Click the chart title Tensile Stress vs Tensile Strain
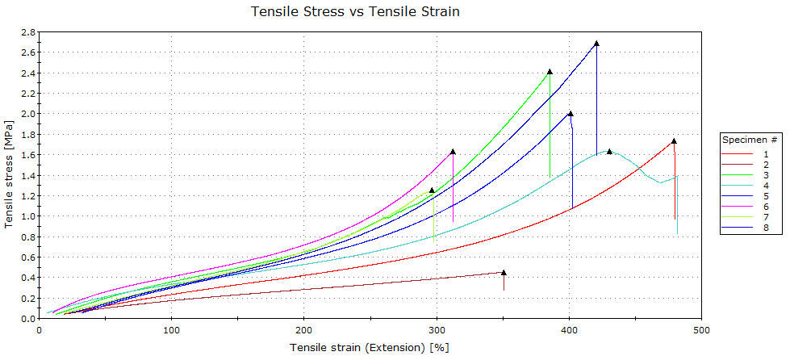click(x=356, y=11)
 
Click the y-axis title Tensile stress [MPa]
click(x=8, y=174)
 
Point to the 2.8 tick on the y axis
click(x=27, y=32)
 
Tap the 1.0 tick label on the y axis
click(x=27, y=216)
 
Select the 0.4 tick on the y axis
click(x=27, y=278)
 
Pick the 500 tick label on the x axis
click(x=701, y=329)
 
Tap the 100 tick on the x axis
click(x=171, y=329)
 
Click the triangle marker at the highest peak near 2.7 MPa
click(x=596, y=43)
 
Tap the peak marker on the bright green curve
click(x=550, y=71)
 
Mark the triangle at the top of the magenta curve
click(x=453, y=151)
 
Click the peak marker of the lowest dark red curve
click(x=504, y=272)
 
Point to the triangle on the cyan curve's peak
click(x=609, y=151)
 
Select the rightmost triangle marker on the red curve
click(x=674, y=140)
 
